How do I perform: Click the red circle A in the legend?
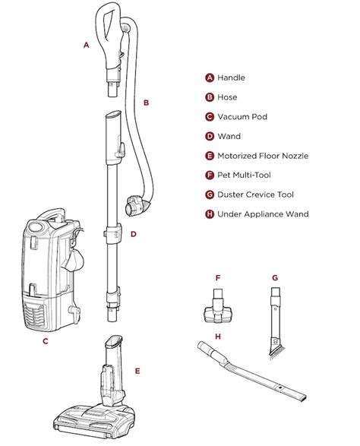[209, 77]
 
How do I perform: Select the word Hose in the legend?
[227, 97]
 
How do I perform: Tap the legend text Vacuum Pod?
[242, 117]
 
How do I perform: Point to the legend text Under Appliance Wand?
[263, 214]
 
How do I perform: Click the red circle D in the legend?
[209, 137]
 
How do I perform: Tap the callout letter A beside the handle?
[87, 46]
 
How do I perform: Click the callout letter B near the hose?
[146, 102]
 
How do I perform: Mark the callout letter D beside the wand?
[134, 234]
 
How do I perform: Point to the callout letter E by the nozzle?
[137, 371]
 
